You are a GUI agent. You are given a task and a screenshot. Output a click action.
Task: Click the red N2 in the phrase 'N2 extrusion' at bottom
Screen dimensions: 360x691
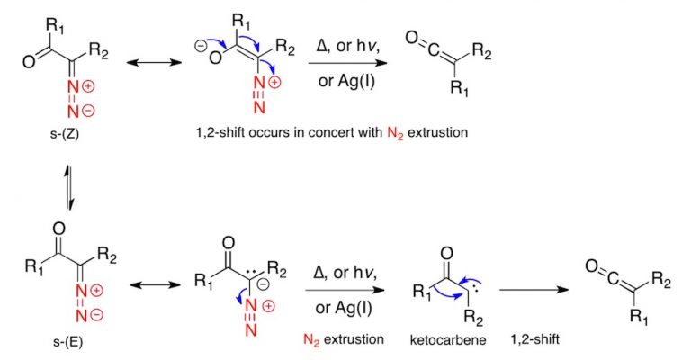click(x=315, y=340)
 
